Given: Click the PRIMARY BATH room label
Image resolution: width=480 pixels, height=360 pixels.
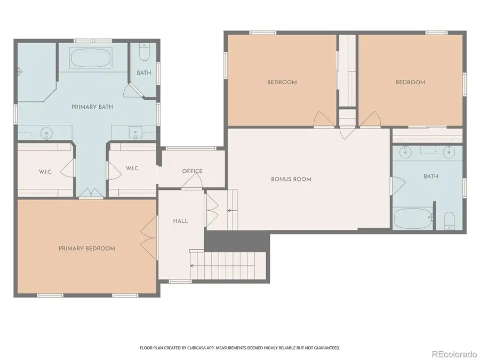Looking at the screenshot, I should [x=92, y=107].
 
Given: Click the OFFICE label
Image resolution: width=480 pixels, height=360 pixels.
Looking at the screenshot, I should [x=192, y=171].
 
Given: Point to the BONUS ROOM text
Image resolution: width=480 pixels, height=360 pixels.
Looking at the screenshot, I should [x=291, y=179].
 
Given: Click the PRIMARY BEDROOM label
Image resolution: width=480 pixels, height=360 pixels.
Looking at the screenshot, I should [x=86, y=249].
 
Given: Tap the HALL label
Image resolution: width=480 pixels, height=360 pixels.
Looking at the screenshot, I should [x=180, y=221].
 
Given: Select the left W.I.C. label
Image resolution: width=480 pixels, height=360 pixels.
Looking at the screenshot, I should [x=45, y=171].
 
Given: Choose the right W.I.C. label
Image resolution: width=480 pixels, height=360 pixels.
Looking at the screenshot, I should [x=133, y=169].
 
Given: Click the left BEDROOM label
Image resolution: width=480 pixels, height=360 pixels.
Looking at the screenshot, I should [x=282, y=82].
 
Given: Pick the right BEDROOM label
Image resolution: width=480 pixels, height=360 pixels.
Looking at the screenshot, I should [x=410, y=82].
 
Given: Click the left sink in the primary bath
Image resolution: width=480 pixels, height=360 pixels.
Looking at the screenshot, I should [x=47, y=132].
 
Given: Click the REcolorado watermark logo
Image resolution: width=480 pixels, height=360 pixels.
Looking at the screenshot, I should [x=454, y=354].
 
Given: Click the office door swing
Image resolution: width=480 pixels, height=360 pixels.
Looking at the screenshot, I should [x=192, y=183].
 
